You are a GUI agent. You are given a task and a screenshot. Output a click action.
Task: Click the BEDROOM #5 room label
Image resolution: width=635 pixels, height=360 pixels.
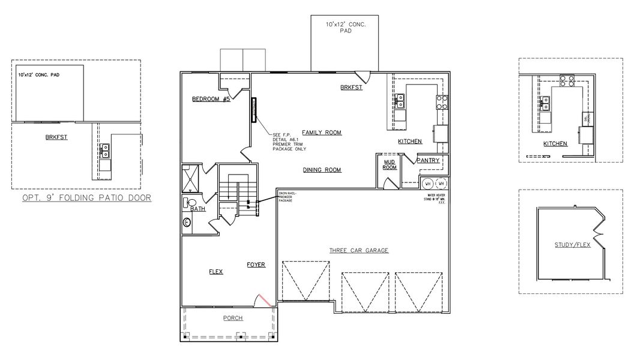(x=211, y=99)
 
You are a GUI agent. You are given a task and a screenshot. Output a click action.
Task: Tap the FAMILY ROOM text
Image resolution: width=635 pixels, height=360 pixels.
(x=321, y=132)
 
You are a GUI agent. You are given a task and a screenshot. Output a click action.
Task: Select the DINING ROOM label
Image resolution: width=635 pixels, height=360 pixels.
(x=322, y=170)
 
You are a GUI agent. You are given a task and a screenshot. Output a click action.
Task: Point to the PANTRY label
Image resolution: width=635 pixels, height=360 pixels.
(x=427, y=160)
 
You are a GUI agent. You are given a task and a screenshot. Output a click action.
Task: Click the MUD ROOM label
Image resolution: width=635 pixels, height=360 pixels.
(x=390, y=164)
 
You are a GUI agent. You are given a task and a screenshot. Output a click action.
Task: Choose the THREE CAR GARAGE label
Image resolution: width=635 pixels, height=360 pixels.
(x=358, y=250)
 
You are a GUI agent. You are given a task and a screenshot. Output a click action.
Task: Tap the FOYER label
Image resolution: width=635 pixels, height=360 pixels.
(x=256, y=264)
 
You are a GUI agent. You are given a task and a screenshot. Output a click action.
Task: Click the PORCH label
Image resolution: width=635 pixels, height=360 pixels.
(x=233, y=318)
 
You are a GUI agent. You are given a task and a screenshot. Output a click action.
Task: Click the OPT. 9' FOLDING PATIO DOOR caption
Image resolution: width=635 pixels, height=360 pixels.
(x=86, y=197)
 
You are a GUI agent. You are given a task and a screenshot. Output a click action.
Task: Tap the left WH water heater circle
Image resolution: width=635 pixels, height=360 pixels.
(x=428, y=183)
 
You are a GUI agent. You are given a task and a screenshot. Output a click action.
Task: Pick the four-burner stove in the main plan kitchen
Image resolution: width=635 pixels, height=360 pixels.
(x=442, y=102)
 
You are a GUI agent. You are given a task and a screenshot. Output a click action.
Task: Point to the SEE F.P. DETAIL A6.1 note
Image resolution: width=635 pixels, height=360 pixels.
(x=289, y=142)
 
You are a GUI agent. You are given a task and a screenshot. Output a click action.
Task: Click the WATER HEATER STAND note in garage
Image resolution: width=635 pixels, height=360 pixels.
(x=436, y=199)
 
